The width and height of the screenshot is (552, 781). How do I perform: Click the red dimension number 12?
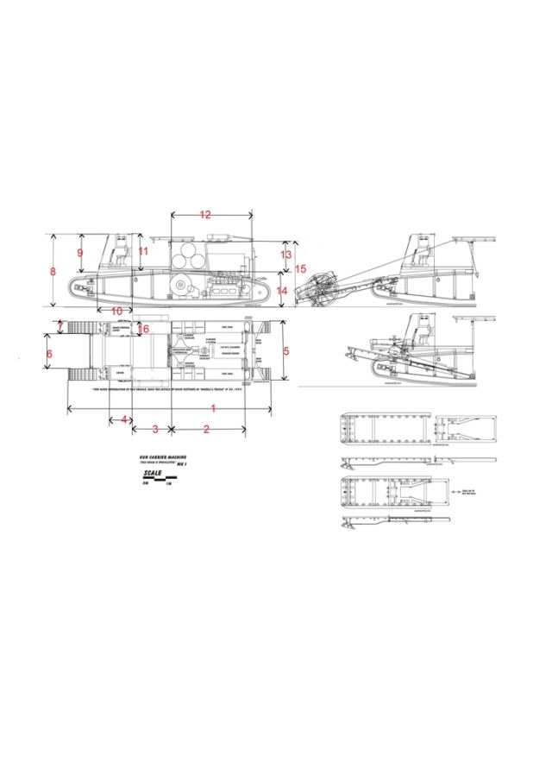(x=205, y=215)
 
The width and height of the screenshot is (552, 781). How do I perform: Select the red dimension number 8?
(x=53, y=271)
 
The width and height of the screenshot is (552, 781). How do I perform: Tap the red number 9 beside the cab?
(x=80, y=252)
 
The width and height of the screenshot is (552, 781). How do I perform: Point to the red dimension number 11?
(x=143, y=251)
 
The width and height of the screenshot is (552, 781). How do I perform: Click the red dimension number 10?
(x=116, y=311)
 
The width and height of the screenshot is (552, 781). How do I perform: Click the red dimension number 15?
(x=301, y=269)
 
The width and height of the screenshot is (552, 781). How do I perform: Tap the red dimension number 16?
(x=144, y=329)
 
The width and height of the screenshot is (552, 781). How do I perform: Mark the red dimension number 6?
(x=49, y=354)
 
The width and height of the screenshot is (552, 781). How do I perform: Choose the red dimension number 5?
(x=287, y=351)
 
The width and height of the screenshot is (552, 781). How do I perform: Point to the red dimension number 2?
(x=207, y=429)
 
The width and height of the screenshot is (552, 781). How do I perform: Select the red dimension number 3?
(x=154, y=429)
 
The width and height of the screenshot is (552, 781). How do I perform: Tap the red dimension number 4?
(x=124, y=419)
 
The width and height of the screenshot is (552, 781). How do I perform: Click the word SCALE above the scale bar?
(x=153, y=474)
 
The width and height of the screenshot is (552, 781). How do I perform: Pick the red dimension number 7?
(x=60, y=326)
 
